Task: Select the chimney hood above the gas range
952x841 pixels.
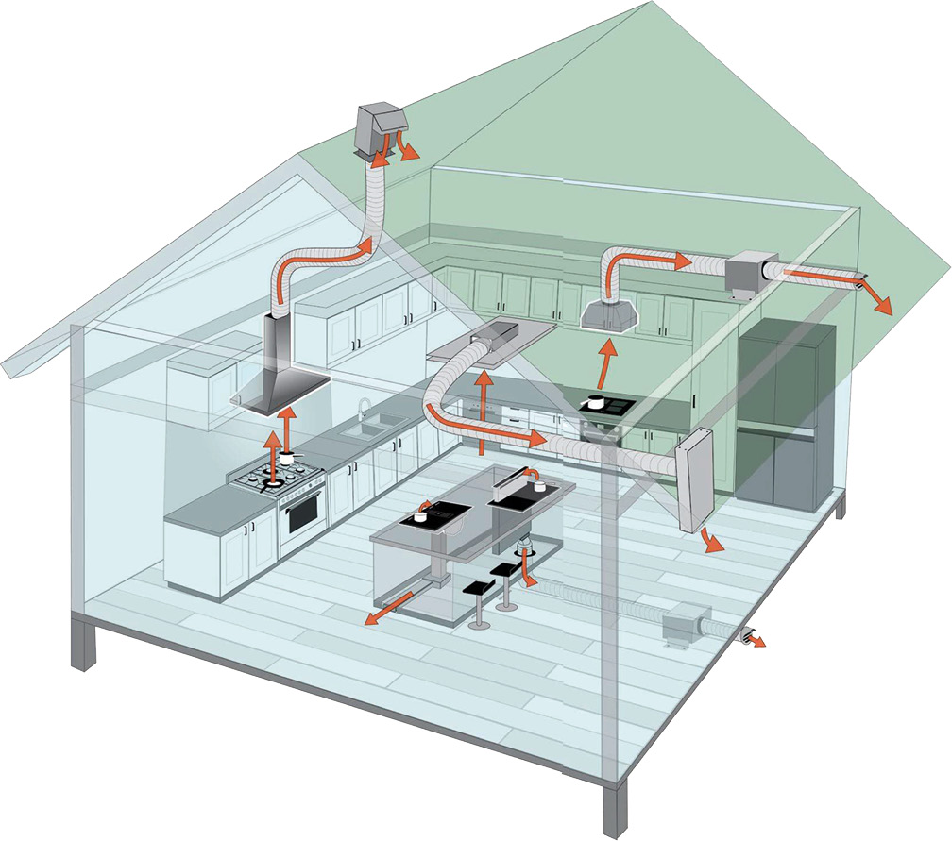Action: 280,378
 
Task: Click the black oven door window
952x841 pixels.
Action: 301,515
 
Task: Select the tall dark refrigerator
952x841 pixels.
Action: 787,415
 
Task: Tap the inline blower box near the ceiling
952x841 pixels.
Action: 749,274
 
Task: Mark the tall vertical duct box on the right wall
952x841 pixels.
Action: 693,480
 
